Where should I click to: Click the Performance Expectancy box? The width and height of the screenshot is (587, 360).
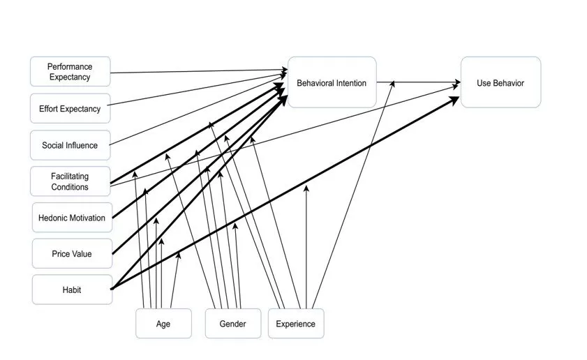pos(70,72)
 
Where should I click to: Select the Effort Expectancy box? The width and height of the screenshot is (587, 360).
pos(70,109)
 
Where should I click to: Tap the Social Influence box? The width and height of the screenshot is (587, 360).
pos(70,145)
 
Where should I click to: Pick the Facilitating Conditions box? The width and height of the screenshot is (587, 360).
pos(70,181)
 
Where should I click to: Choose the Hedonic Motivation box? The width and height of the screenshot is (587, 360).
pos(72,218)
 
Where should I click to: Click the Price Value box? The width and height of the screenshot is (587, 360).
pos(72,253)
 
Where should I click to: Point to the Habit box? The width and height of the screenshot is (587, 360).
pos(72,290)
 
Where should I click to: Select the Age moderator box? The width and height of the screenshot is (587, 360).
pos(163,324)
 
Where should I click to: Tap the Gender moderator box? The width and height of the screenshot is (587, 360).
pos(232,324)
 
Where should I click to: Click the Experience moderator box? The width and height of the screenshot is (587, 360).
pos(295,324)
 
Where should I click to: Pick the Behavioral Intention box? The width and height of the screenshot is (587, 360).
pos(332,83)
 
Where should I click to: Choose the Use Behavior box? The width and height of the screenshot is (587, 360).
pos(500,83)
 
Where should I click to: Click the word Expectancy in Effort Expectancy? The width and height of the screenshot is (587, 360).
pos(80,109)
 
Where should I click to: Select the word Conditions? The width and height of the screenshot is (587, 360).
pos(70,187)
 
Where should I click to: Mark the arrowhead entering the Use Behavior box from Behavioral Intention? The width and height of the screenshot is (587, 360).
pos(457,82)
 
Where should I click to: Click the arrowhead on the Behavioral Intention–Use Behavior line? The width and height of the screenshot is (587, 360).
pos(393,82)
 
